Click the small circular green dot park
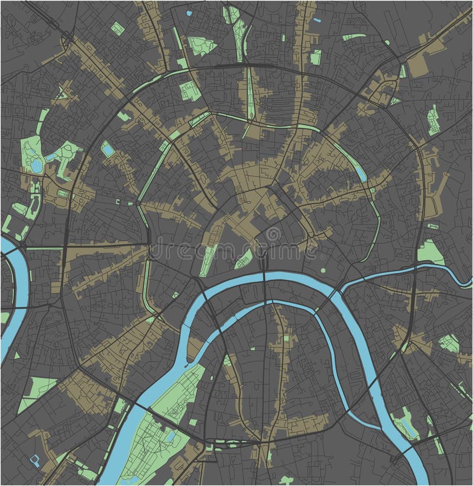coord(323,271)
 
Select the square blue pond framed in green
coord(108,149)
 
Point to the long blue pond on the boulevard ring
coord(359,172)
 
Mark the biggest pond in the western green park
coord(37,166)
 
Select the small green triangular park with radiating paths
coord(450,343)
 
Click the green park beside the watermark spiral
coord(244,258)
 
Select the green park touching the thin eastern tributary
coord(430,253)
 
